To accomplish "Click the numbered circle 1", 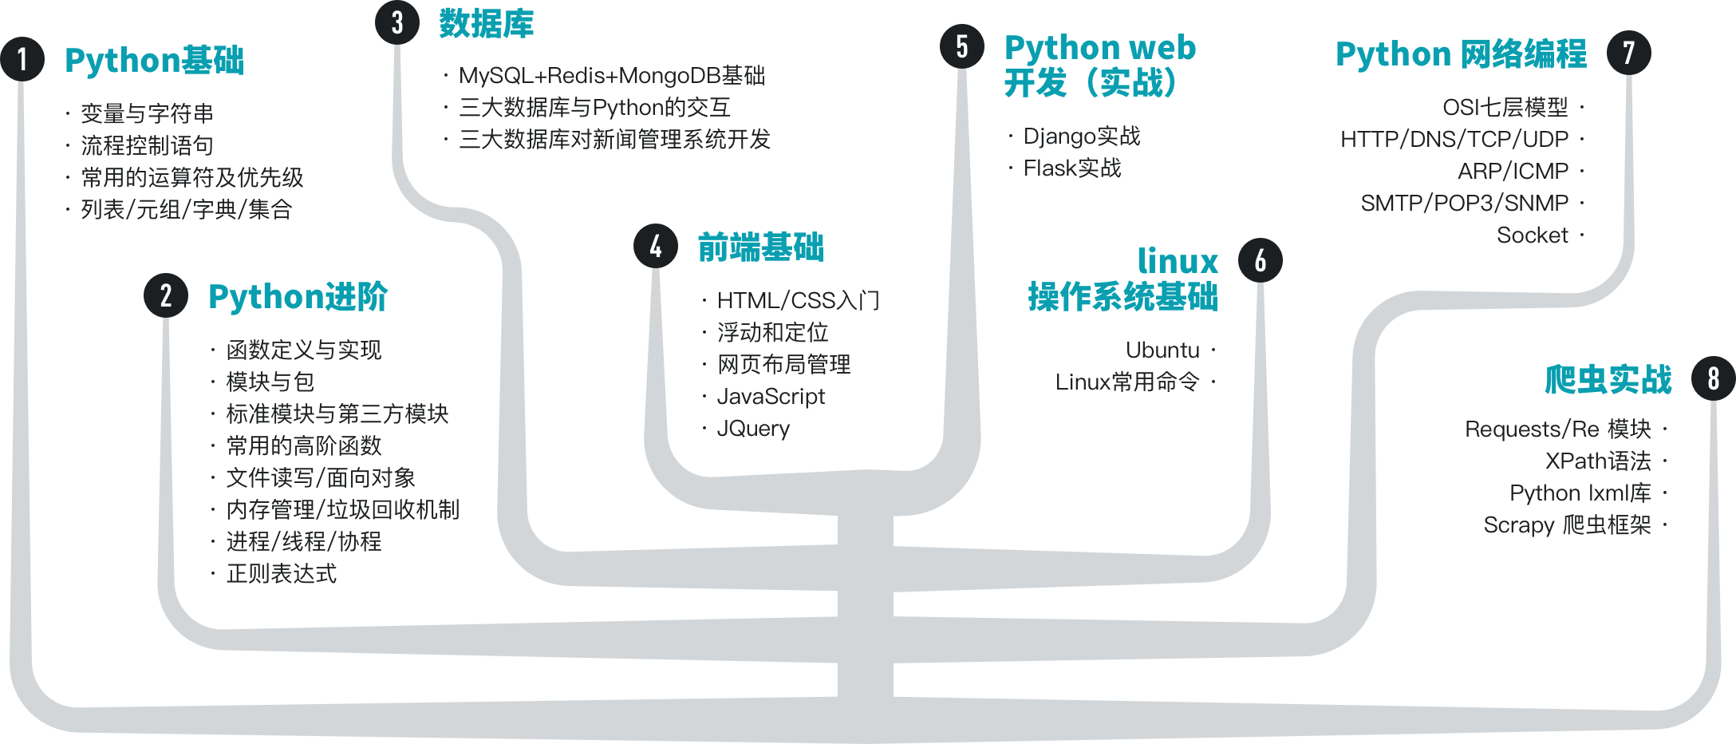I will [x=22, y=59].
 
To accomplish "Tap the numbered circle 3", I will [x=397, y=22].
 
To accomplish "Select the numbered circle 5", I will [x=962, y=46].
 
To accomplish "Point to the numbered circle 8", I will [x=1713, y=378].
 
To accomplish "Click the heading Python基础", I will [x=154, y=61].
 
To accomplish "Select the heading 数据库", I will [x=486, y=24].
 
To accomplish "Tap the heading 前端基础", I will [x=760, y=247].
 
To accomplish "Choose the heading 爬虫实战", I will [x=1608, y=379].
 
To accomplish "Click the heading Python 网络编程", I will [x=1461, y=54].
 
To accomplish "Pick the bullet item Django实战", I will [x=1082, y=137].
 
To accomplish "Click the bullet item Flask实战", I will [x=1072, y=168].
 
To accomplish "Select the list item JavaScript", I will [x=771, y=397].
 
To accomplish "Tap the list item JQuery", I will [x=753, y=429].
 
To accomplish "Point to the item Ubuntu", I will [x=1162, y=350].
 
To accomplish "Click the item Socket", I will [x=1532, y=235].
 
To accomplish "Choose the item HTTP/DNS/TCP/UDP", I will [x=1454, y=140].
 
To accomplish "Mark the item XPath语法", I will [x=1598, y=461].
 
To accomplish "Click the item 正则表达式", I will [x=281, y=574].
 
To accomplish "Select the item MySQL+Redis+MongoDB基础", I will [x=612, y=76].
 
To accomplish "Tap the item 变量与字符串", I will [x=147, y=114].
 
